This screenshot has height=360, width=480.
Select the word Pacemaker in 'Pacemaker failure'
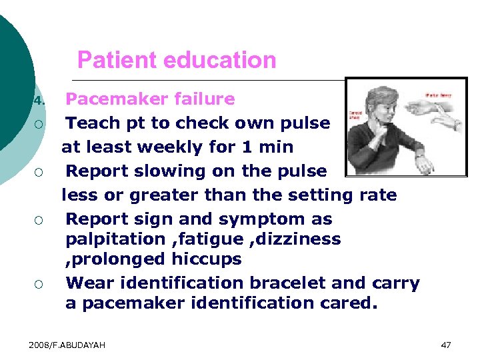point(113,99)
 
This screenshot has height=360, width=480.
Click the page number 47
point(446,345)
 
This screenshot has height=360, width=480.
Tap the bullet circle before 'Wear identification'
point(40,285)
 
